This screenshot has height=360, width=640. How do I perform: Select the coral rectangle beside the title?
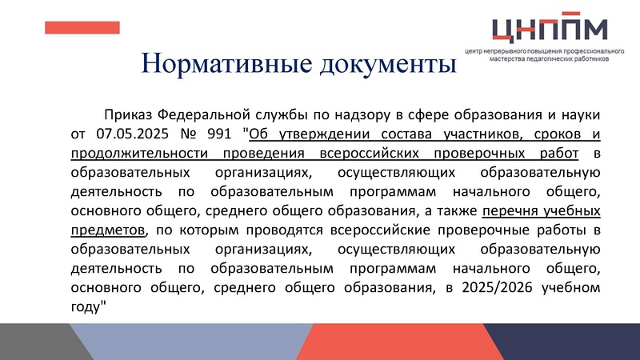click(82, 28)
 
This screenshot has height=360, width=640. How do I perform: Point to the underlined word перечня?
click(512, 211)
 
